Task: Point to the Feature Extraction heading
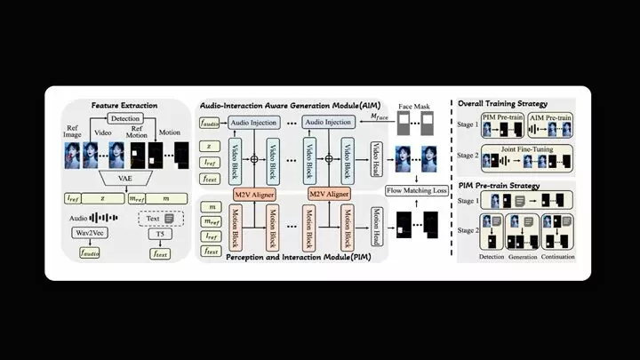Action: [124, 106]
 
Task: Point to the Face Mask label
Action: [415, 105]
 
